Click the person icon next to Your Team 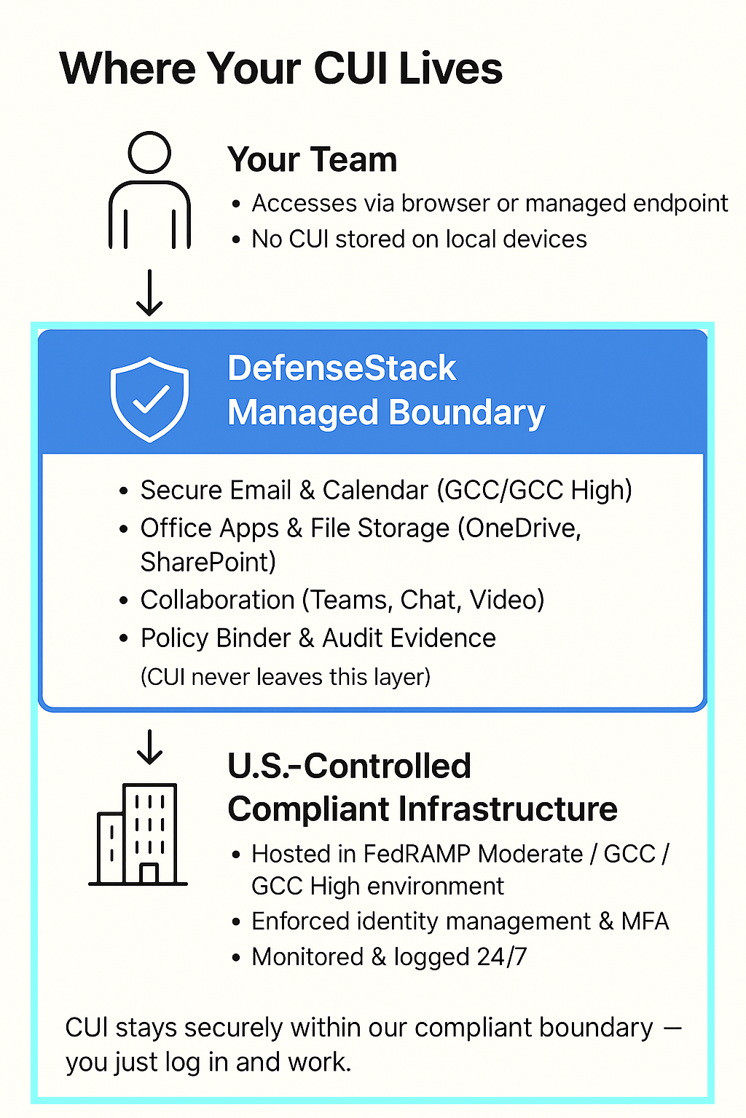coord(149,191)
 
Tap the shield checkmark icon coord(149,399)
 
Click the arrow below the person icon coord(149,293)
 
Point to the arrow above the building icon coord(149,747)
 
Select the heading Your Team coord(312,159)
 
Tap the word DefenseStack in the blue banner coord(342,368)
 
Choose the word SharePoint coord(208,563)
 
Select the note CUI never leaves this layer coord(285,677)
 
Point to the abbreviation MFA coord(645,921)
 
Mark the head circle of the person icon coord(149,152)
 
